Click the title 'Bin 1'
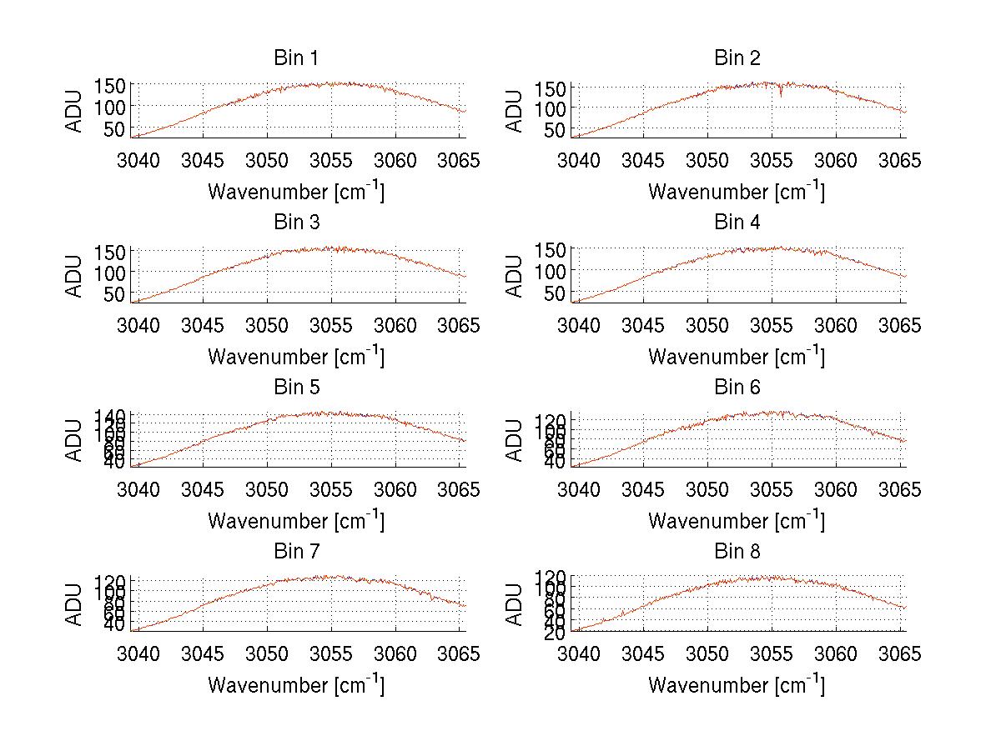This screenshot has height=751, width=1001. pyautogui.click(x=296, y=58)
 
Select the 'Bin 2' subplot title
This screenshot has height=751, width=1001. pyautogui.click(x=737, y=58)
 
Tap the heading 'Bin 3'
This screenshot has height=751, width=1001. pyautogui.click(x=296, y=223)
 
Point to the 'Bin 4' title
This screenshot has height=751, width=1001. pyautogui.click(x=737, y=223)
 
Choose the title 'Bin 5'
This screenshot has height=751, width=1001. pyautogui.click(x=296, y=388)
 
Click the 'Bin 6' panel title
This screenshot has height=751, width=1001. pyautogui.click(x=737, y=388)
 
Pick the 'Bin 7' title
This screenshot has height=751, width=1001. pyautogui.click(x=296, y=552)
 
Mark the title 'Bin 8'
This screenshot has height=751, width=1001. pyautogui.click(x=737, y=552)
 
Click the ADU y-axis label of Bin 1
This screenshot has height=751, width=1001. pyautogui.click(x=75, y=111)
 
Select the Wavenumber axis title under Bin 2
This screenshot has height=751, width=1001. pyautogui.click(x=737, y=192)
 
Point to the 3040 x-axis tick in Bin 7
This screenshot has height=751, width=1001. pyautogui.click(x=138, y=654)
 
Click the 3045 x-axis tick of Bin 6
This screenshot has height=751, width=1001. pyautogui.click(x=643, y=490)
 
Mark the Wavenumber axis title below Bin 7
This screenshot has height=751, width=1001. pyautogui.click(x=296, y=685)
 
